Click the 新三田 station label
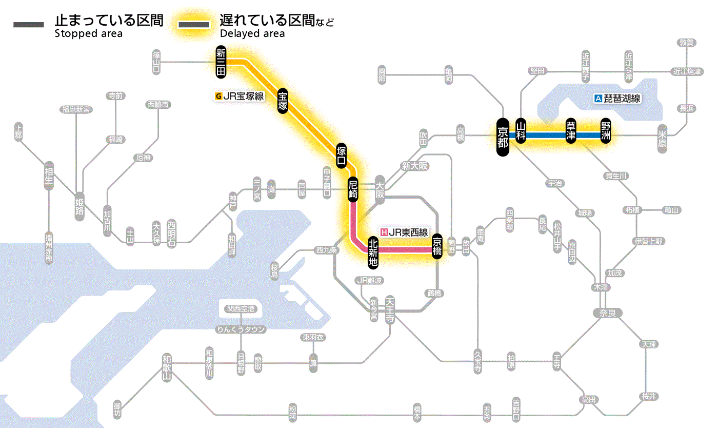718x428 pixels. [x=221, y=63]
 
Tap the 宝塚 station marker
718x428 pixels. [x=283, y=101]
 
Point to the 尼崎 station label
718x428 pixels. [x=353, y=189]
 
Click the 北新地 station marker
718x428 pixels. [x=373, y=251]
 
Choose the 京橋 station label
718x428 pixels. [x=437, y=247]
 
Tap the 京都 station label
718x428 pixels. [x=503, y=136]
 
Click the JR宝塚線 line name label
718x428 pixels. [x=243, y=95]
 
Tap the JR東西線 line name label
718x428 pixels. [x=408, y=232]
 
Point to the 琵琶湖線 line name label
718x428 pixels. [x=622, y=99]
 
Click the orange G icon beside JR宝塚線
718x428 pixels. [x=218, y=95]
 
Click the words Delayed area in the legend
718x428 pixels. [x=252, y=33]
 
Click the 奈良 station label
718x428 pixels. [x=607, y=313]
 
